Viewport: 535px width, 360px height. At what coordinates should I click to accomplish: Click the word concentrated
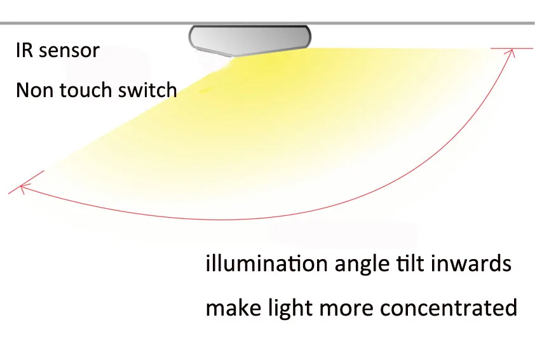click(449, 309)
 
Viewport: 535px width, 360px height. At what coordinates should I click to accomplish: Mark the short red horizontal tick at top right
click(511, 48)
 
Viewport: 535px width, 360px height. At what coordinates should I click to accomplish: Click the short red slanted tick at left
click(26, 182)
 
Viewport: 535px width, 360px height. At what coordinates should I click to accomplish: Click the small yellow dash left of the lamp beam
click(204, 91)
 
